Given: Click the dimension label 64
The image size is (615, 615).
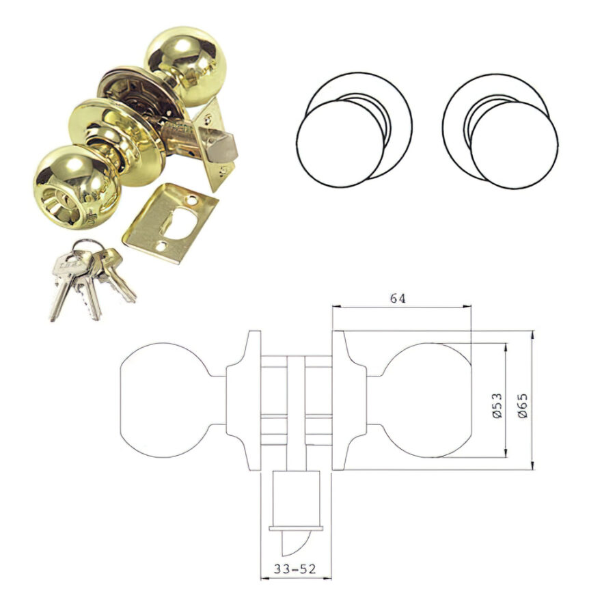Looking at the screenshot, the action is [397, 299].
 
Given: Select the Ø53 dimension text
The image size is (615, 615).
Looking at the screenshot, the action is [497, 405].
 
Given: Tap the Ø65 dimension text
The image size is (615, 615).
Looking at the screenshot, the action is [523, 405].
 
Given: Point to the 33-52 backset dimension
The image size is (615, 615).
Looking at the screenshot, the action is [295, 569].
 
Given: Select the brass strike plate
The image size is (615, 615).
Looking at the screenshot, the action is [170, 223].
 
